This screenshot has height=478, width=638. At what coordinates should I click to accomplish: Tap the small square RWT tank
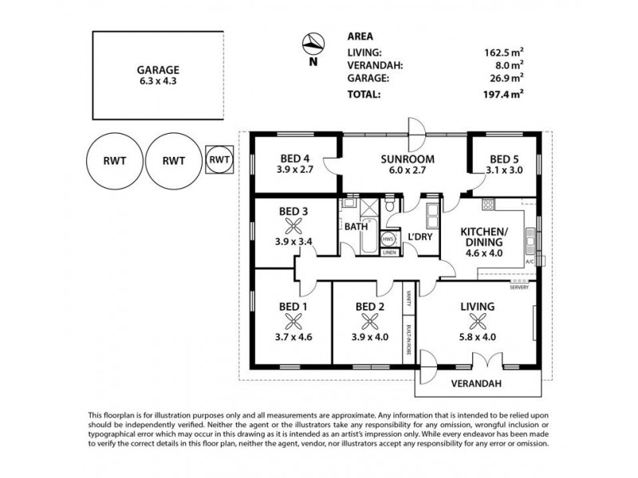(x=219, y=159)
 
